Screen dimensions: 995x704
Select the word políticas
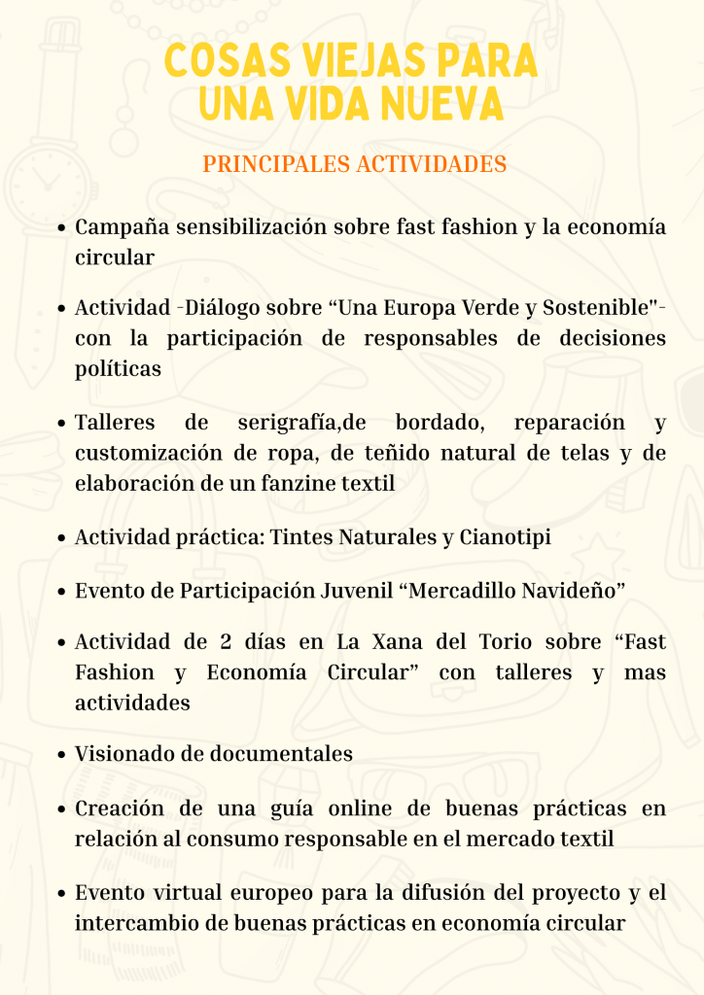pyautogui.click(x=118, y=369)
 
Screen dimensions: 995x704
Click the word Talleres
pyautogui.click(x=116, y=424)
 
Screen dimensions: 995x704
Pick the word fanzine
pyautogui.click(x=297, y=483)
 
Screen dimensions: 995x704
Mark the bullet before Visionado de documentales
pyautogui.click(x=61, y=754)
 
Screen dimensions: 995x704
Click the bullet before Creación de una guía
pyautogui.click(x=61, y=809)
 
